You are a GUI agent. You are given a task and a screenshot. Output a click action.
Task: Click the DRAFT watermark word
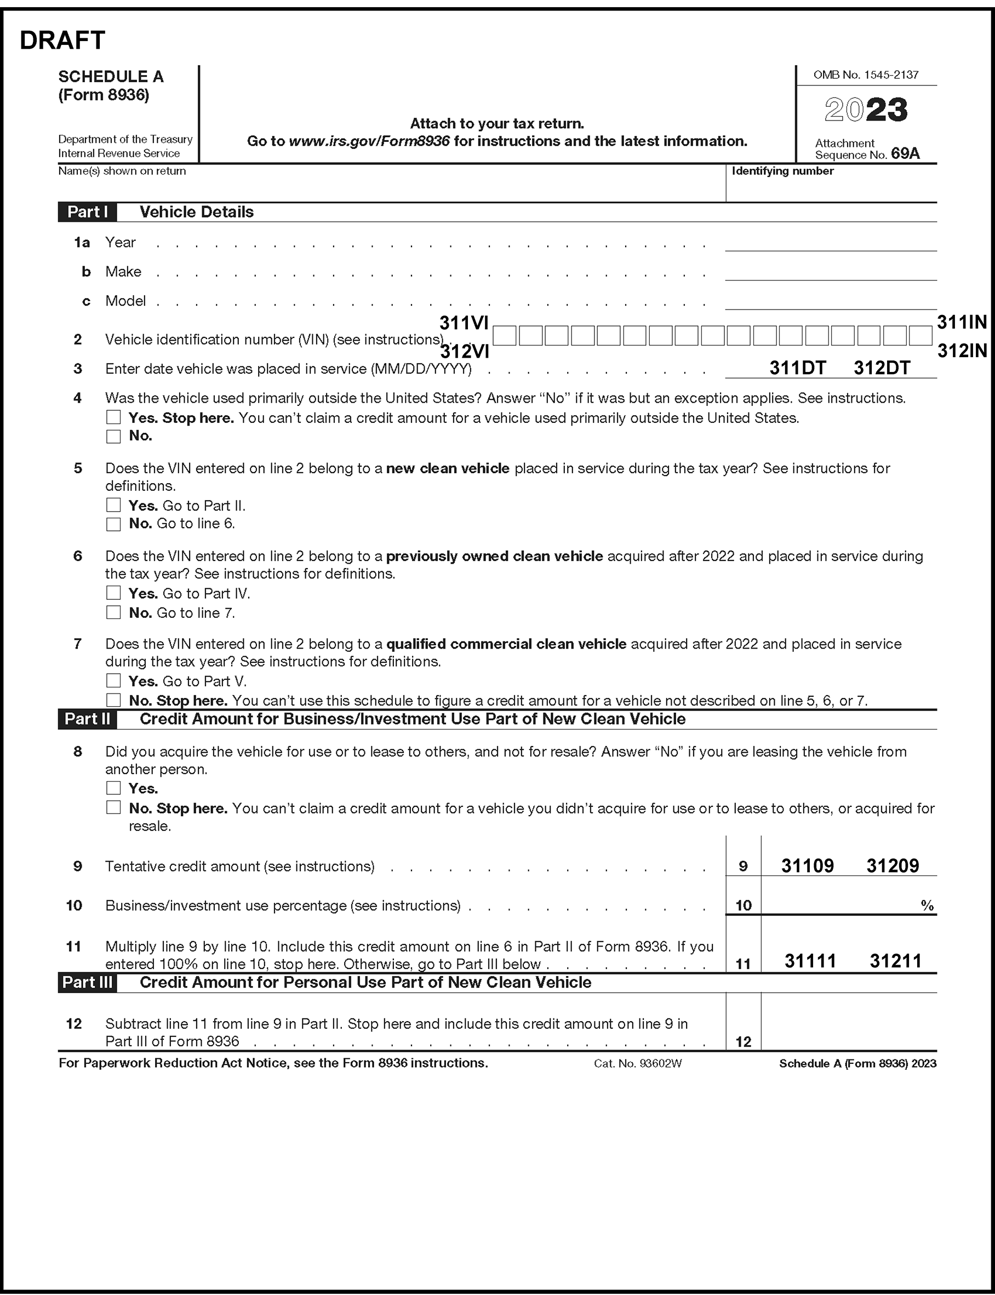(62, 41)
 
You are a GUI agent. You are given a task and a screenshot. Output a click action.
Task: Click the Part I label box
(87, 212)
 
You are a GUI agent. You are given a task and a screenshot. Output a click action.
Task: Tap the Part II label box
(87, 719)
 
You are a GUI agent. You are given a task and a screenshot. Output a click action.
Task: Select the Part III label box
(87, 982)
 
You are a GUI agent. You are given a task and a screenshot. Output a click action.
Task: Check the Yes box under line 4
(113, 417)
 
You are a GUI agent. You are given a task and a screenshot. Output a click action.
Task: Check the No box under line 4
(113, 437)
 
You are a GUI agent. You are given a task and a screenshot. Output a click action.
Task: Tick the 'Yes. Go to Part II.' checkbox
(113, 505)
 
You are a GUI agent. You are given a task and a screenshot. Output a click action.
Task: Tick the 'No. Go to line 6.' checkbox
(113, 524)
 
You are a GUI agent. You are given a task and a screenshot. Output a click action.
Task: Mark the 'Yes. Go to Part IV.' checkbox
(113, 593)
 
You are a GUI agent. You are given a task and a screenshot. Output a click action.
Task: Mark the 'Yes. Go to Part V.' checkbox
(113, 681)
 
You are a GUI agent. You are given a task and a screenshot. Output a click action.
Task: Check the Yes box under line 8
(113, 788)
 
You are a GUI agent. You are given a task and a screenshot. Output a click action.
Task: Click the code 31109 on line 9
(807, 866)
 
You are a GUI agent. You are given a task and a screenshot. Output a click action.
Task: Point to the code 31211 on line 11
(895, 960)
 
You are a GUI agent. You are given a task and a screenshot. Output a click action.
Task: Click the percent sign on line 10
(927, 906)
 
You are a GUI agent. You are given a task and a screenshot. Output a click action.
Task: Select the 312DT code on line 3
(881, 368)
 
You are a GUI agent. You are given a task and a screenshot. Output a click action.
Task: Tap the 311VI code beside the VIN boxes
(464, 323)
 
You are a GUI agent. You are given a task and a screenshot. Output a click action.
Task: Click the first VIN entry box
(505, 336)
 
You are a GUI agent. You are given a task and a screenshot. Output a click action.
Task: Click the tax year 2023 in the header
(866, 110)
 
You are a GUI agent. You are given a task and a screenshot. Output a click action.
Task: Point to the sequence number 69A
(905, 154)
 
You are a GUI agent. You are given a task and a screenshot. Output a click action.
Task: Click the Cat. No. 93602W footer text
(638, 1063)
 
